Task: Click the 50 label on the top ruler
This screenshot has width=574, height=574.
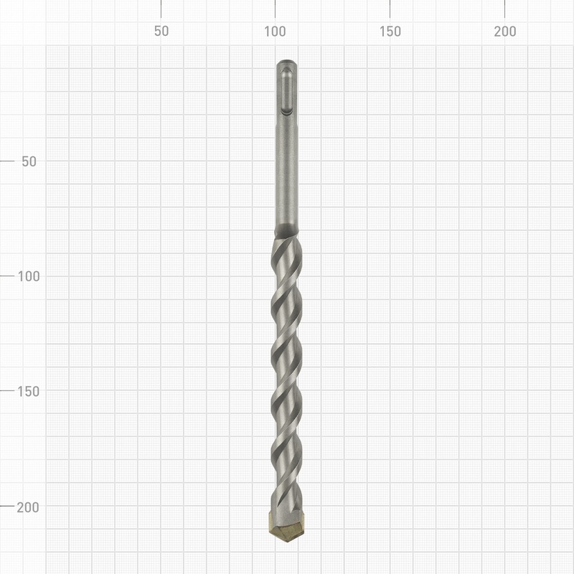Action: pos(161,32)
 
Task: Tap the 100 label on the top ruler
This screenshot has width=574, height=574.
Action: pos(276,32)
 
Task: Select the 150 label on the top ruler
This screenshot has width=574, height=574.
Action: pos(390,32)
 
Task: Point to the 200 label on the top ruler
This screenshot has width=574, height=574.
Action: pos(505,32)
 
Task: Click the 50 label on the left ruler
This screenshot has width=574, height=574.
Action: pos(29,161)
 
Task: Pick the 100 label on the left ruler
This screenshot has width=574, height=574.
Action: pos(29,276)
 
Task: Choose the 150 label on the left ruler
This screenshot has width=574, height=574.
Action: pos(29,391)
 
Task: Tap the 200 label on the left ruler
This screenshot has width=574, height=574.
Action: pos(29,507)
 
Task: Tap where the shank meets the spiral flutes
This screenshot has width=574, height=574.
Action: pos(287,235)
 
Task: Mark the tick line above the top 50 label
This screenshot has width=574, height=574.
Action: pos(161,9)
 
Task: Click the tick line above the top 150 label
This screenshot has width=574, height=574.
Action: pos(390,9)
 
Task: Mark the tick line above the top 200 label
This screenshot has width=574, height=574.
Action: pos(505,9)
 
